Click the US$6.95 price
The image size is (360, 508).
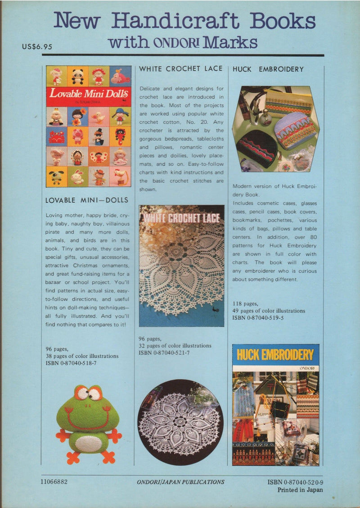pos(37,46)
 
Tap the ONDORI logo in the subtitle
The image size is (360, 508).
pos(178,43)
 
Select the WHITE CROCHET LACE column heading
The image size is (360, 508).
pos(181,68)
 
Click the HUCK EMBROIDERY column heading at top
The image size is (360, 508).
pos(268,69)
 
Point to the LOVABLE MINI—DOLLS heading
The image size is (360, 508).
pos(87,200)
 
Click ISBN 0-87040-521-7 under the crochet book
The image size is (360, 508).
pos(165,352)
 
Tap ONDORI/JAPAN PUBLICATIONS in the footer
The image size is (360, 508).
pos(180,482)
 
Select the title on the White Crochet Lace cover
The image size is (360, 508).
pos(181,218)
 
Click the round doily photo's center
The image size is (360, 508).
pos(180,422)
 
